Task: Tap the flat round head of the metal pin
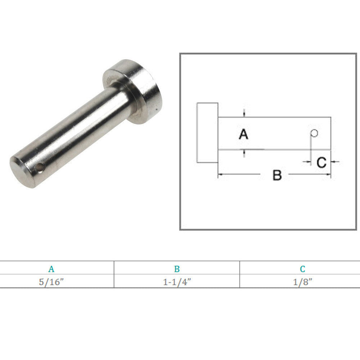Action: point(133,92)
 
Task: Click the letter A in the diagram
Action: point(243,134)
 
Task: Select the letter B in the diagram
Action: point(277,175)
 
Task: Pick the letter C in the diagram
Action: point(321,162)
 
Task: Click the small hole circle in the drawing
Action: point(314,133)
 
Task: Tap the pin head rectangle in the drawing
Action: point(208,133)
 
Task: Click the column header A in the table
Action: point(51,269)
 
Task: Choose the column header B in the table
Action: point(177,269)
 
